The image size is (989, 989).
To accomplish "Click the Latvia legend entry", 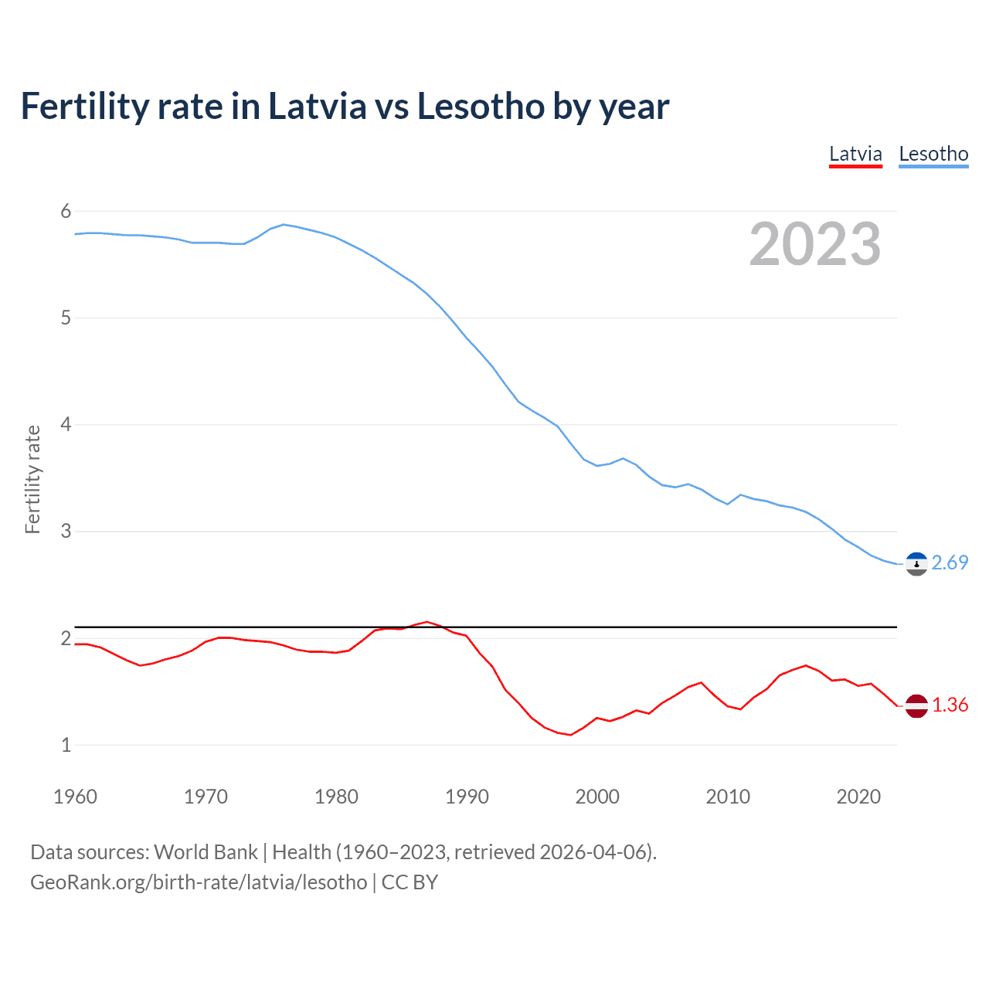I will point(855,154).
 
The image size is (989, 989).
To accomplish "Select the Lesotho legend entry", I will point(933,154).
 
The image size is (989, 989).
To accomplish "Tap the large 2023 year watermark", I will point(814,244).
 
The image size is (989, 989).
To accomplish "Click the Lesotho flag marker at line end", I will point(916,565).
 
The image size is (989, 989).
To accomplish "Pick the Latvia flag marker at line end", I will point(916,705).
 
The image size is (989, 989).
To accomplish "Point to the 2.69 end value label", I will point(950,563).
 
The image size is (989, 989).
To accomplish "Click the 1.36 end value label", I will point(950,705).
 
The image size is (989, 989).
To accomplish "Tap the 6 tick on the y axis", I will point(66,211).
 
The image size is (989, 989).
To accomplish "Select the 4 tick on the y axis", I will point(66,424).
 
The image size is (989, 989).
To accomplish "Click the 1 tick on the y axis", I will point(66,745).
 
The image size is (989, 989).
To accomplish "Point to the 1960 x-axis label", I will point(75,797).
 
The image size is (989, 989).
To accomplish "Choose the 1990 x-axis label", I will point(467,797).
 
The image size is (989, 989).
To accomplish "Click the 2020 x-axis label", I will point(858,797).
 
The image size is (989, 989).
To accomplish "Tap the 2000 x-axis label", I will point(597,797).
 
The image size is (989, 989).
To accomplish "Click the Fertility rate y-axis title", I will point(32,479).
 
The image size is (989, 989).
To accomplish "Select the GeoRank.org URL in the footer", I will point(199,882).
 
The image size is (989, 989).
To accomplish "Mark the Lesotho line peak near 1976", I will point(284,224).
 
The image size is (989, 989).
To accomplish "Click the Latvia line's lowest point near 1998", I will point(571,735).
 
